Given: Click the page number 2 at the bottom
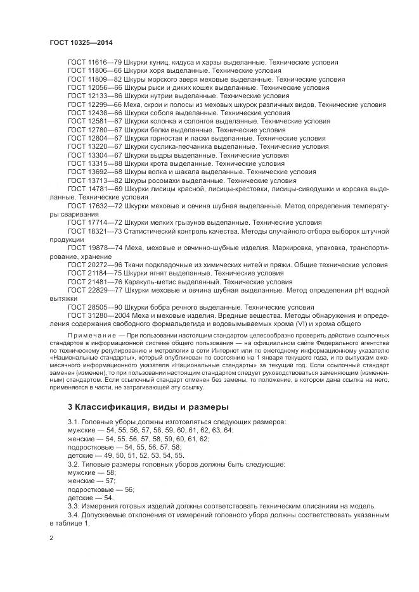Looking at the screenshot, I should (x=51, y=538).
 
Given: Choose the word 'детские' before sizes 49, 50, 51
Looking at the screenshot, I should (x=80, y=455).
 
